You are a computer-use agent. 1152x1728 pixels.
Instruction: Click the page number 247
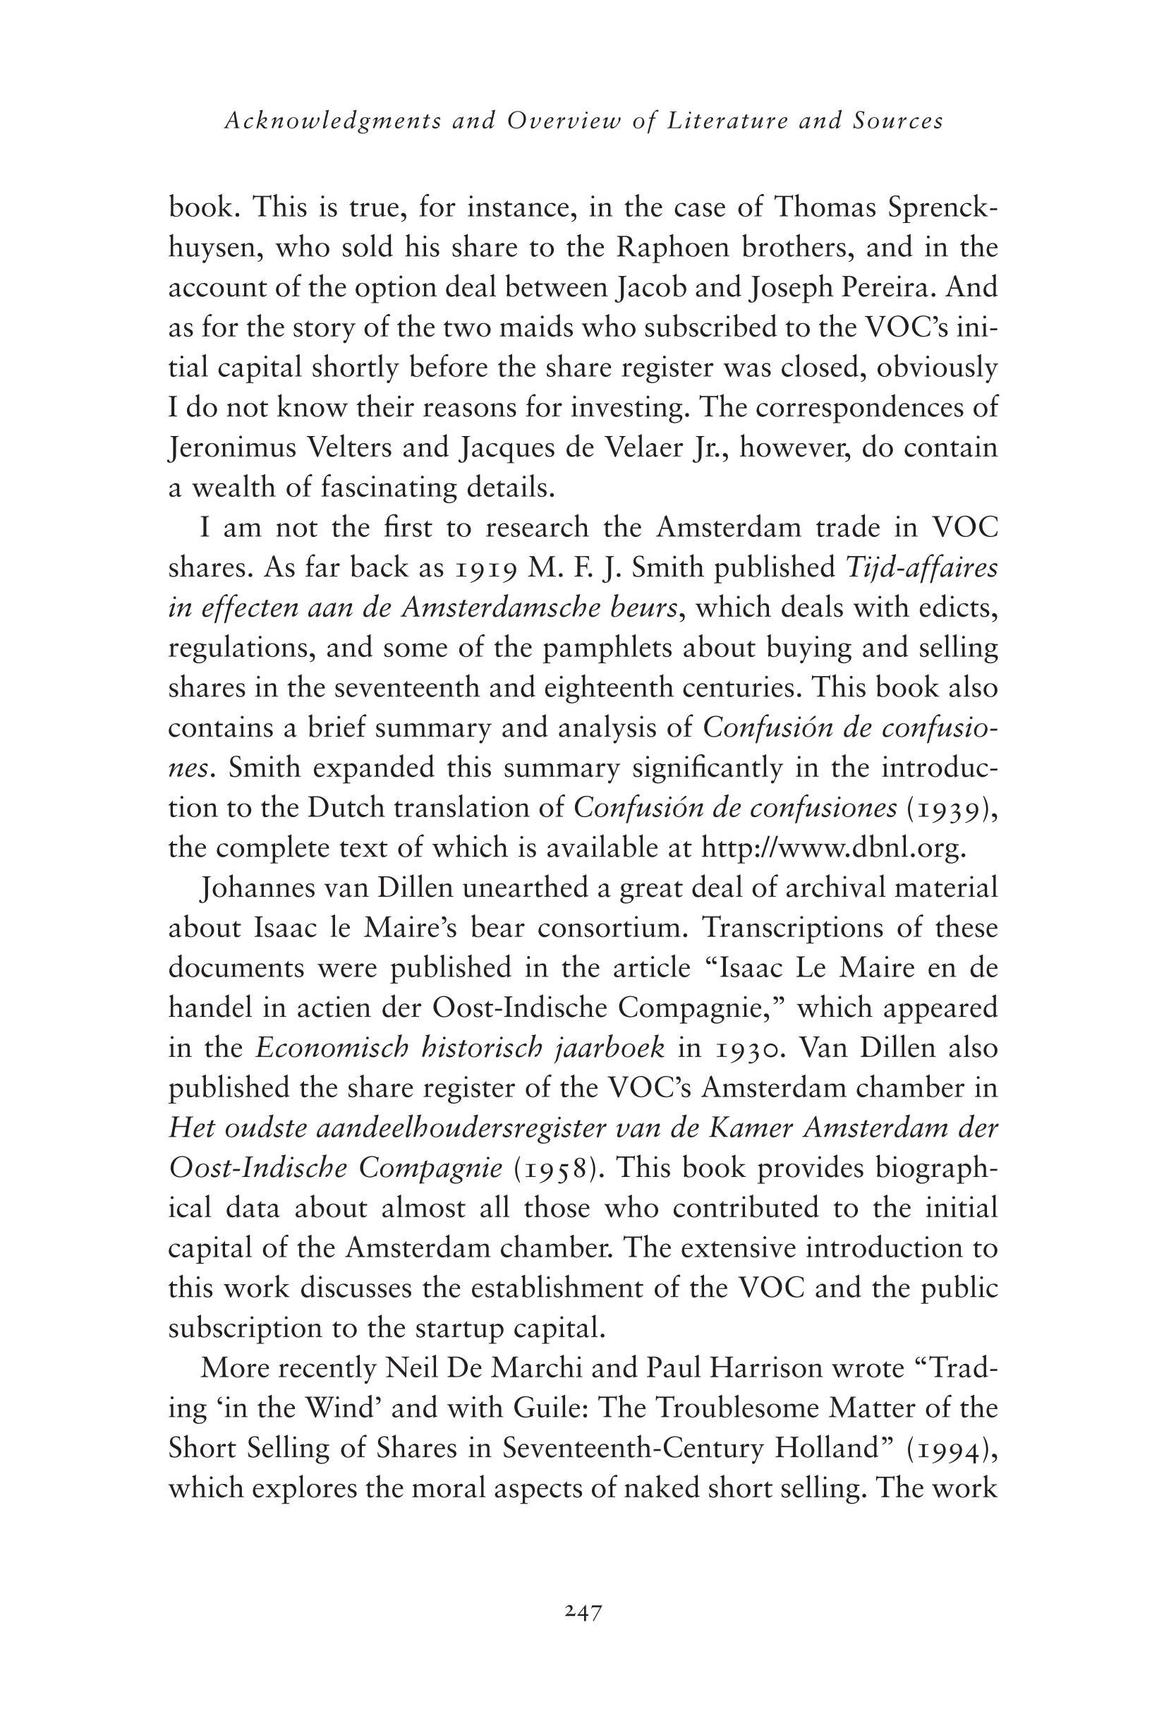click(x=584, y=1613)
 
